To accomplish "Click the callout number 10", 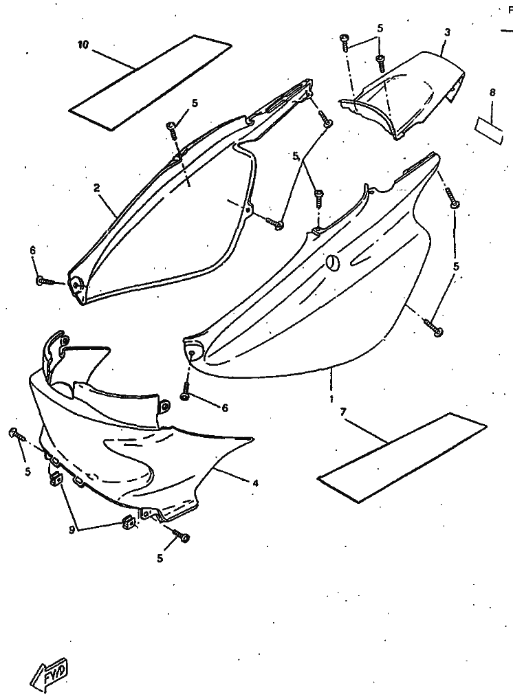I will pos(83,45).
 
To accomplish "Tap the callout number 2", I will pos(98,187).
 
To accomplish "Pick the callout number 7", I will pos(342,412).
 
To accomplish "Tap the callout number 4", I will pos(256,483).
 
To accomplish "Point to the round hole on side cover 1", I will pos(333,262).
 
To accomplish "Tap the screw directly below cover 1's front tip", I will pos(186,396).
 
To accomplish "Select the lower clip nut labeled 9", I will pos(127,524).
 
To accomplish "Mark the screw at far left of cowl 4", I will pos(14,433).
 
